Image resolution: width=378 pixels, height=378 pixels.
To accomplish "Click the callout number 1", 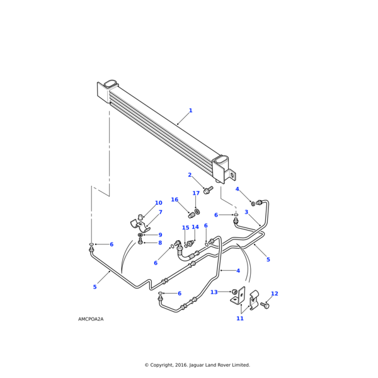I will point(190,111).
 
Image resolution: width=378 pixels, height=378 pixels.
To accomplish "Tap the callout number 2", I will point(190,175).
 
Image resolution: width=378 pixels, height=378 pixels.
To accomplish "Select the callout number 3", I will point(246,212).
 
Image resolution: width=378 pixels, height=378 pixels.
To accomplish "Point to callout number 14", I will point(195,227).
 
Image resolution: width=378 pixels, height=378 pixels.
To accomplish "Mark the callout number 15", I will point(186,228).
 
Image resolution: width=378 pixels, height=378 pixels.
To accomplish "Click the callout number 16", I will point(175,200).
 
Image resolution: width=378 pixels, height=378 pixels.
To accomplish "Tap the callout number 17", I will point(196,193).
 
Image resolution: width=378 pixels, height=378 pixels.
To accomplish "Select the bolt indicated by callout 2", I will point(207,190).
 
